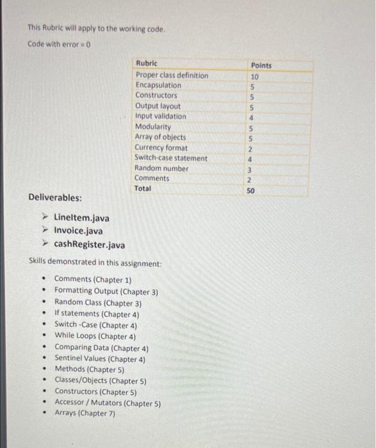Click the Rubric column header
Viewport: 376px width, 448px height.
pos(147,63)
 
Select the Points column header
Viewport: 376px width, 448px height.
pos(261,65)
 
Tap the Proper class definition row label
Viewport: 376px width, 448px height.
pos(172,75)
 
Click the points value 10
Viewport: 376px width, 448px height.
pos(254,76)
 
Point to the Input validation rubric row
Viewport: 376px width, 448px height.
pos(161,116)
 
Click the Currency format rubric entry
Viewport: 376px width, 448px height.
pos(161,147)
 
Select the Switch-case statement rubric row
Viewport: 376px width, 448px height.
pos(170,157)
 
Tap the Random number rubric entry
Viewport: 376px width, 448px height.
pos(161,168)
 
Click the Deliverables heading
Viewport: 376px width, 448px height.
pos(55,197)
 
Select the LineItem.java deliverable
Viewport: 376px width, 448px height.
pos(81,218)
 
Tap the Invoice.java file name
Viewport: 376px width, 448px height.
pos(78,230)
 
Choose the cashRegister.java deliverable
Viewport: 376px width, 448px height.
pos(89,244)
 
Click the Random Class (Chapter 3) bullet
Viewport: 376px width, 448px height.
pos(97,303)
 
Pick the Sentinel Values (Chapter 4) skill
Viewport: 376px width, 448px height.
pos(99,359)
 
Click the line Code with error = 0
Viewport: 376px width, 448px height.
pos(60,44)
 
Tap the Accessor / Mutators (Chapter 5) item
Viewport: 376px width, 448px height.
pos(107,403)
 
